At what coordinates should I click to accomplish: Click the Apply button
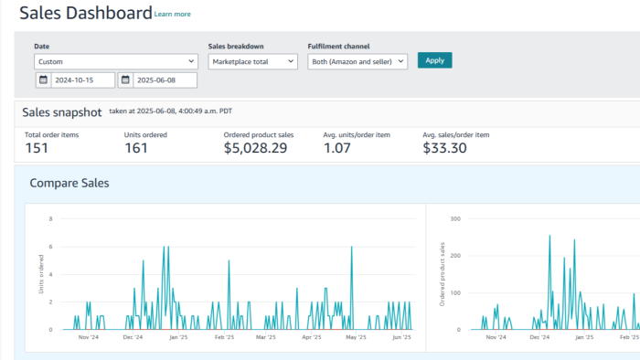[x=434, y=60]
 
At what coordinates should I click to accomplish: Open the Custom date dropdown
[x=116, y=61]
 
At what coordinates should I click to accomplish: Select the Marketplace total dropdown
[x=252, y=61]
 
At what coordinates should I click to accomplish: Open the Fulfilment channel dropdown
[x=357, y=61]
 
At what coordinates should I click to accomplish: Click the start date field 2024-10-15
[x=83, y=80]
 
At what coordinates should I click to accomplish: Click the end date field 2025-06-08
[x=165, y=80]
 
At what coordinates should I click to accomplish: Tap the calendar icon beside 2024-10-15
[x=43, y=79]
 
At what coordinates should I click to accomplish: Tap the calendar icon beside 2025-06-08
[x=125, y=79]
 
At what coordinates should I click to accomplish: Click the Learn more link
[x=172, y=15]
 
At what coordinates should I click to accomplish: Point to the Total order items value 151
[x=37, y=148]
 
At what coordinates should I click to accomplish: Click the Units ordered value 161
[x=136, y=148]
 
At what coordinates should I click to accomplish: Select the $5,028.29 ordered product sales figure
[x=255, y=148]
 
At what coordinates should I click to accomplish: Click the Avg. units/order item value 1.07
[x=337, y=148]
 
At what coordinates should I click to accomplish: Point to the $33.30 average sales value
[x=444, y=148]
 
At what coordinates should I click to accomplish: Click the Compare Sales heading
[x=69, y=183]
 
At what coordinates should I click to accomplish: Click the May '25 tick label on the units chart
[x=356, y=337]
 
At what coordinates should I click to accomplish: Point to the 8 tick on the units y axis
[x=50, y=219]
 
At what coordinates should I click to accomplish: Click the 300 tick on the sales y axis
[x=455, y=219]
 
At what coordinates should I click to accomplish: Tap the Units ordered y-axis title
[x=41, y=274]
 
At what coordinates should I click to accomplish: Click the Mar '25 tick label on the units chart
[x=266, y=337]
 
